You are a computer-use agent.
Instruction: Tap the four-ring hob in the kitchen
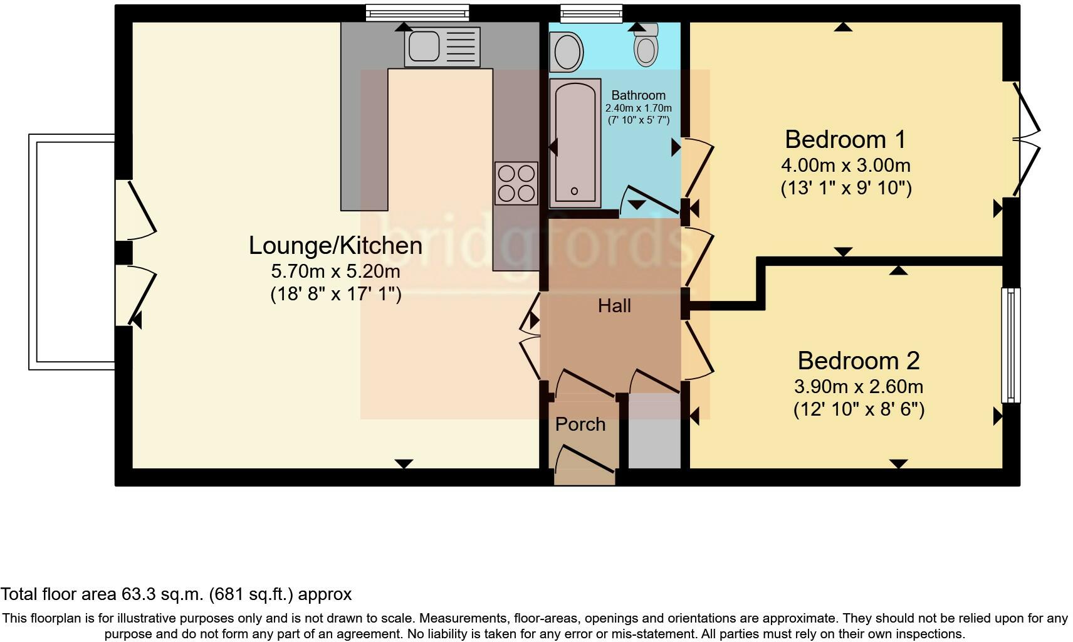(516, 183)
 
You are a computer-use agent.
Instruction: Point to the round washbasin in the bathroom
(567, 52)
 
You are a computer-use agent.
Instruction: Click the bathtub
(575, 144)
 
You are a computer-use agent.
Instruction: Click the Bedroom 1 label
(845, 139)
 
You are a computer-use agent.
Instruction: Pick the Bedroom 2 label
(858, 360)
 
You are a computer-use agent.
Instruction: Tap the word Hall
(614, 306)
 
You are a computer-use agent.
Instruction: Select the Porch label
(580, 424)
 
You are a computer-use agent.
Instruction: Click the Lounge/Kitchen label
(335, 245)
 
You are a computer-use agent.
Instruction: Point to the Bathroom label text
(638, 95)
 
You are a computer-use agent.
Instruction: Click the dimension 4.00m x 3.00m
(845, 166)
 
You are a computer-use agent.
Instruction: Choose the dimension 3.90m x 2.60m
(858, 387)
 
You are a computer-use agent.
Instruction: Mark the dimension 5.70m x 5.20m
(335, 271)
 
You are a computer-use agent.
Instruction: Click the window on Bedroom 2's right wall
(1010, 345)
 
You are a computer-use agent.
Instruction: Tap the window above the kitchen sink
(417, 13)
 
